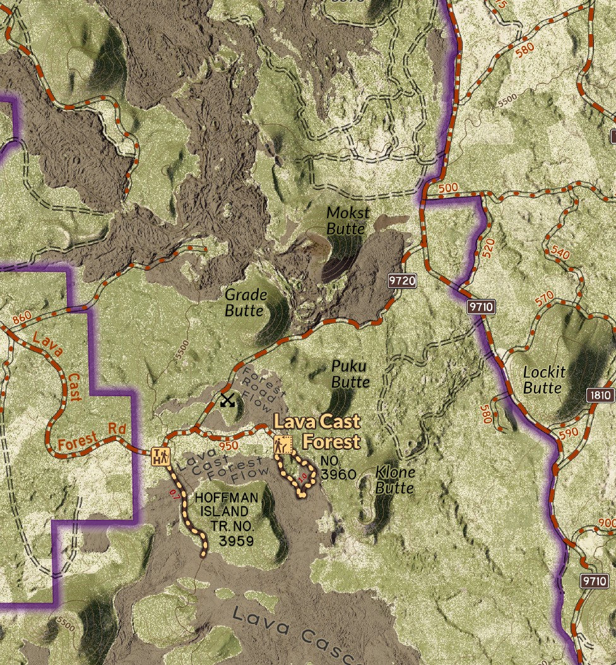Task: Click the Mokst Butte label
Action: tap(348, 221)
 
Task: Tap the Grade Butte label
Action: tap(246, 302)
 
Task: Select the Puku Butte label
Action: tap(350, 374)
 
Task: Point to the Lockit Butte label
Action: tap(544, 379)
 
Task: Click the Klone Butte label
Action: tap(395, 480)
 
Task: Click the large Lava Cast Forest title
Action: tap(317, 431)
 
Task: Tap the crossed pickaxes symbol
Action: tap(227, 400)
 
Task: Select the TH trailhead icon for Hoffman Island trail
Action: tap(161, 456)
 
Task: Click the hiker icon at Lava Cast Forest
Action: tap(283, 445)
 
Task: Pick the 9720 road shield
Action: tap(402, 281)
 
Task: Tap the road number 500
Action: tap(447, 188)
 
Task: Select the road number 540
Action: tap(559, 253)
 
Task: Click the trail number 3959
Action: tap(236, 541)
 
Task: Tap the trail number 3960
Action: tap(338, 474)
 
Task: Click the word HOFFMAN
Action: tap(226, 498)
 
